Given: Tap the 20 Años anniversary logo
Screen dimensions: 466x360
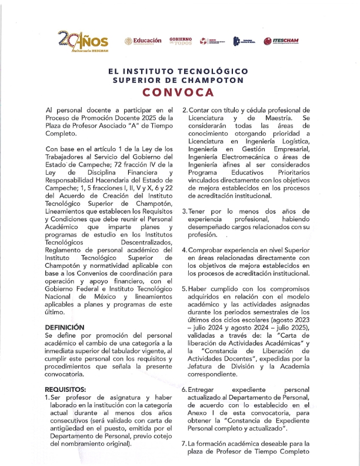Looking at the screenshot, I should click(82, 41).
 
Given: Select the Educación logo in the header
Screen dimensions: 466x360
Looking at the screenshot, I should click(142, 41).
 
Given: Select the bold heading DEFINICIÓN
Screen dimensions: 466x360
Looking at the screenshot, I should click(65, 327).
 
